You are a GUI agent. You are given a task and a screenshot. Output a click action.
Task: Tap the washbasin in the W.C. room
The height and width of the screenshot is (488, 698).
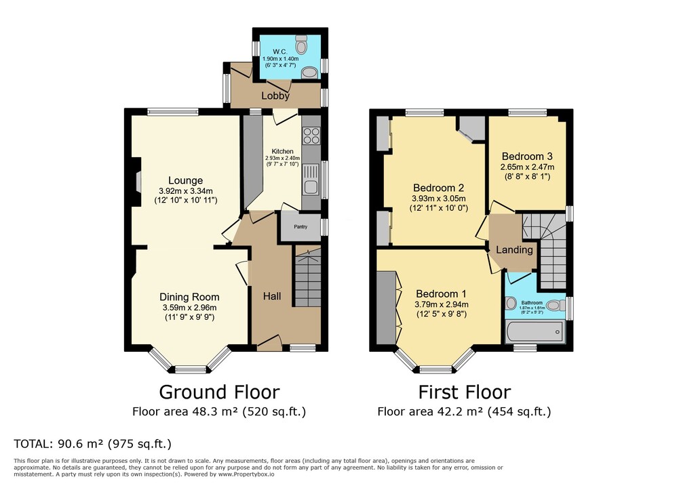(309, 73)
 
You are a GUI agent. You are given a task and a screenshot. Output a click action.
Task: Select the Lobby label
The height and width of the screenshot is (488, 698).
(275, 96)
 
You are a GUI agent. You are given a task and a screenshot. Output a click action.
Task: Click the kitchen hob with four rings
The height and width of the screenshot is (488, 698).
(311, 136)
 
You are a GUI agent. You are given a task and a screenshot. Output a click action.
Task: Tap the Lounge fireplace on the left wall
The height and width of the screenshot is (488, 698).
(138, 182)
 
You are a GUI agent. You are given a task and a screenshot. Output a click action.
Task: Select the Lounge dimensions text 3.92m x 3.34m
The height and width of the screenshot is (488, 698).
(185, 191)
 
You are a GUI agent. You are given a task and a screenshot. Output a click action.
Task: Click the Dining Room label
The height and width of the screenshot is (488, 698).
(189, 297)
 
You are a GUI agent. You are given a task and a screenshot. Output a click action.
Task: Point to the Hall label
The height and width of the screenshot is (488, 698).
(272, 296)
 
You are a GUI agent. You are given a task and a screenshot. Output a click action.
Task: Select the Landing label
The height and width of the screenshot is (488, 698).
(514, 250)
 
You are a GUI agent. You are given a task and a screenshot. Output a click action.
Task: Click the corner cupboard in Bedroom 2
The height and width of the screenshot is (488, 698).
(472, 128)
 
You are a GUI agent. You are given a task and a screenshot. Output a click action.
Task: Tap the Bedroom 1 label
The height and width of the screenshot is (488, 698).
(441, 293)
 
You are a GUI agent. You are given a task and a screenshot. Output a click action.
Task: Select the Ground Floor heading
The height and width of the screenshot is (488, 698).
(218, 392)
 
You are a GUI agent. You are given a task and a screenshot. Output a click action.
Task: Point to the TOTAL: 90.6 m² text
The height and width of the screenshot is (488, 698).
(92, 444)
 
